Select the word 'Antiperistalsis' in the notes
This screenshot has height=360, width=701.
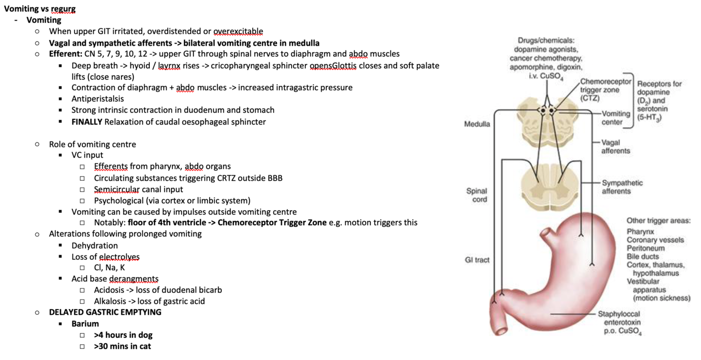(x=98, y=99)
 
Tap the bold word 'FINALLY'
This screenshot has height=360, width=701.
(x=87, y=122)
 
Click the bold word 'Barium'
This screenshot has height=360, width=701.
(x=85, y=324)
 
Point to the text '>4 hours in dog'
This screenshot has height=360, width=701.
(x=123, y=335)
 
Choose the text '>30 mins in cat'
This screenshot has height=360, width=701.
(x=122, y=346)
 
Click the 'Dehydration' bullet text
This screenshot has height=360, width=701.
(x=95, y=245)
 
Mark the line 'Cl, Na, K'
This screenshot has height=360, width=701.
(x=109, y=268)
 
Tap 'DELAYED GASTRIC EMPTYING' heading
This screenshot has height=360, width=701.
(x=105, y=312)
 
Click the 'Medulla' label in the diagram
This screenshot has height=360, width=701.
(x=477, y=125)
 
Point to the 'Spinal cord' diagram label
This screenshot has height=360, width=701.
(x=477, y=195)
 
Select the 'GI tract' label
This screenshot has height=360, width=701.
(x=477, y=260)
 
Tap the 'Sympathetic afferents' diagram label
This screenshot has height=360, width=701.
(x=622, y=187)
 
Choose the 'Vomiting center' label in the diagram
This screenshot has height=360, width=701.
(x=616, y=118)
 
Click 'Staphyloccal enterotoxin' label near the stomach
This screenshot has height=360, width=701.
(x=620, y=318)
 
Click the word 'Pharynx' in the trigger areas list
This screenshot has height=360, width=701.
(x=640, y=231)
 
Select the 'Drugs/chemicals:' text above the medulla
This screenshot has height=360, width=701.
(x=546, y=40)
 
